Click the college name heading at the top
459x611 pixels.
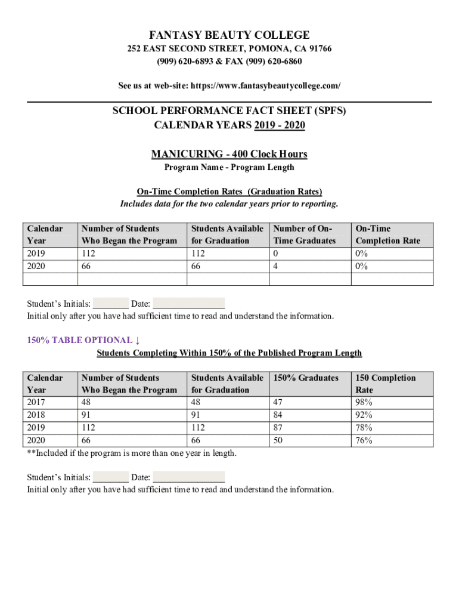[229, 35]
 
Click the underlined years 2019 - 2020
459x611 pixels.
[280, 125]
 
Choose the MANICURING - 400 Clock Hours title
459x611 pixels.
[229, 155]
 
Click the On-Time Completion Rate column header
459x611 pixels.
[387, 234]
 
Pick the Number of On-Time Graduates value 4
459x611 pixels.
[275, 267]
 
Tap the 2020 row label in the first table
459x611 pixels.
[36, 267]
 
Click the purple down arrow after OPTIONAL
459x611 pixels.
[138, 340]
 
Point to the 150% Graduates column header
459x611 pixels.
[305, 378]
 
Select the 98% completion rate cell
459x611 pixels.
[364, 402]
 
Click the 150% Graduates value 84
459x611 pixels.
[277, 415]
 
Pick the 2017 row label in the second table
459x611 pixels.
[36, 402]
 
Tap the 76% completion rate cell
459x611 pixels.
[364, 441]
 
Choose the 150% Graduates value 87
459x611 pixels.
[277, 428]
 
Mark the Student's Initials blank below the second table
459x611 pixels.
[111, 477]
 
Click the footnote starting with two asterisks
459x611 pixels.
[132, 453]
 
